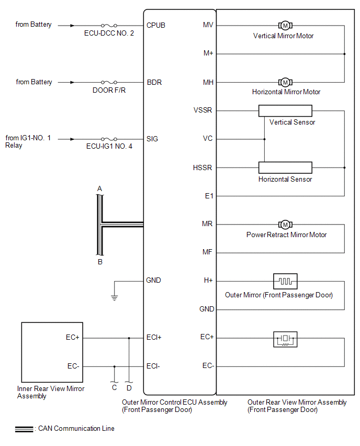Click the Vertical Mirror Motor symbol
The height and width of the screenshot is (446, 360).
[285, 25]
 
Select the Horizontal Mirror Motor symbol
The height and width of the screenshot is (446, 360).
[285, 82]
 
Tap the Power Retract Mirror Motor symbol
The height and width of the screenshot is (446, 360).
[285, 225]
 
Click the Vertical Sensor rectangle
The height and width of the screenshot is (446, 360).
[285, 110]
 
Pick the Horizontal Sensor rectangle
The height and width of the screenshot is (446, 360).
[285, 168]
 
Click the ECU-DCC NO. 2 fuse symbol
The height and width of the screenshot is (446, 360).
[108, 25]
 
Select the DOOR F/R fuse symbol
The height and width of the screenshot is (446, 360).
[108, 82]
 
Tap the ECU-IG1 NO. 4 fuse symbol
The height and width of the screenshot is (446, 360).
[108, 139]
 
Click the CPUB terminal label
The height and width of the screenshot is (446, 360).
[156, 25]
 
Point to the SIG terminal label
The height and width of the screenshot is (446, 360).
[152, 139]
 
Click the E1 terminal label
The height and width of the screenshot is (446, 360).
[209, 196]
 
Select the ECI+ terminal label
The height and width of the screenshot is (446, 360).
[154, 338]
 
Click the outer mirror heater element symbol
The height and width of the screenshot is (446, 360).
[285, 281]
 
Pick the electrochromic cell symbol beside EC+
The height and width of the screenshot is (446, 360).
[285, 339]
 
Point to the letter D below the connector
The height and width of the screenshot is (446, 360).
[129, 388]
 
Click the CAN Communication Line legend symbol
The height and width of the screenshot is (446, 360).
[24, 429]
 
